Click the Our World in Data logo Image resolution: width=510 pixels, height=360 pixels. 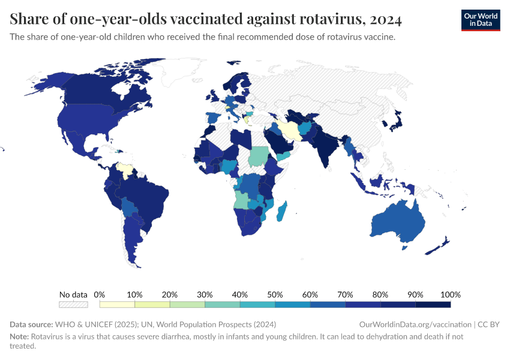tap(480, 19)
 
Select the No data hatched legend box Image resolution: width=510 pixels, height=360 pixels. tap(73, 305)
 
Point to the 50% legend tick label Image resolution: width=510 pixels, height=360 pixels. tap(275, 295)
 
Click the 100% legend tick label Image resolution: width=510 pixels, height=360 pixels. tap(450, 295)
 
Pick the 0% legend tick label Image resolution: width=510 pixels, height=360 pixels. tap(100, 295)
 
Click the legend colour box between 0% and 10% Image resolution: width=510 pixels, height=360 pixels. tap(117, 305)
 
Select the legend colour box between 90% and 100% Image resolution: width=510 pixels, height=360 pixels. tap(433, 305)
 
